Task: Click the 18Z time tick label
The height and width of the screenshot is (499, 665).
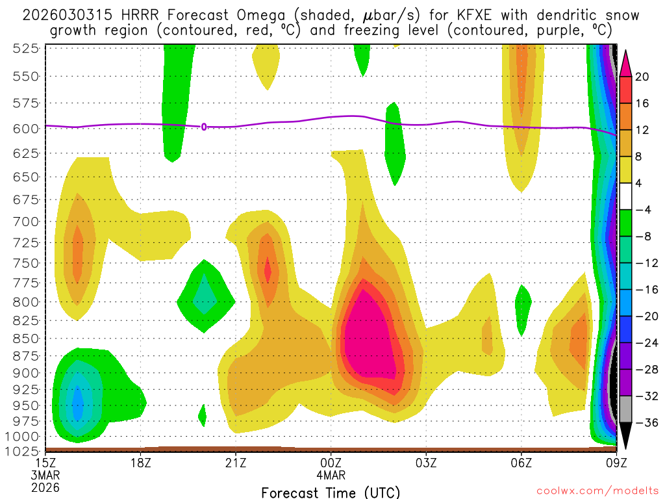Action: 141,463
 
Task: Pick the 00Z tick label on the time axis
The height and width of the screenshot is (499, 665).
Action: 331,463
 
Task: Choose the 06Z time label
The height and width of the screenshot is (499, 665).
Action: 521,463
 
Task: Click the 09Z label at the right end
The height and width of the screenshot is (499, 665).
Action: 616,463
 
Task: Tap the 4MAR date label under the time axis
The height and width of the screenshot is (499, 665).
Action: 331,474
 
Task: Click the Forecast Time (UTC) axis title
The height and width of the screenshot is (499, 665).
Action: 331,492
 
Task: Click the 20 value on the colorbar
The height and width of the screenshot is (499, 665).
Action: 642,77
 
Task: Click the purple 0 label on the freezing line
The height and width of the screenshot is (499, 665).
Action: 204,127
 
